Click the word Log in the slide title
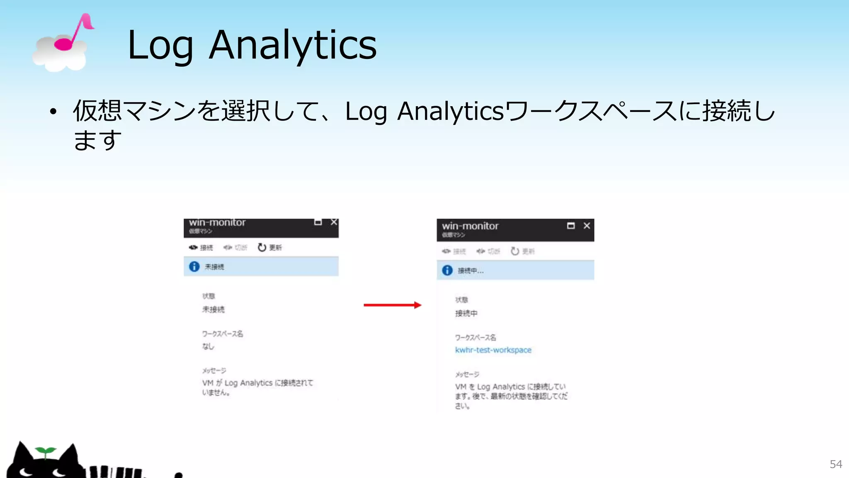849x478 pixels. click(x=160, y=46)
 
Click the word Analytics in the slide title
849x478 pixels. click(x=293, y=46)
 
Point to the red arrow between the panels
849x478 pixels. click(x=392, y=305)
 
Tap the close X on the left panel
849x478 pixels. click(x=334, y=222)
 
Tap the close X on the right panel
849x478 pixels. click(x=587, y=226)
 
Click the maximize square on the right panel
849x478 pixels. click(x=571, y=226)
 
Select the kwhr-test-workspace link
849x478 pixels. click(x=493, y=350)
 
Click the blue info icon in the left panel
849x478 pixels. click(x=194, y=266)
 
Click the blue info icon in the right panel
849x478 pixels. click(x=447, y=270)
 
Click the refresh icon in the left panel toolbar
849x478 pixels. click(x=262, y=247)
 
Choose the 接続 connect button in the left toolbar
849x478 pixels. click(x=201, y=248)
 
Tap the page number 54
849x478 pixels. click(x=836, y=464)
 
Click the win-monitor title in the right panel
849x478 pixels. click(x=470, y=226)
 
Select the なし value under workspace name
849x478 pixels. click(x=208, y=346)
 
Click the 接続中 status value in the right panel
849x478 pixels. click(x=466, y=313)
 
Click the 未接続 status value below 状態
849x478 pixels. click(x=213, y=310)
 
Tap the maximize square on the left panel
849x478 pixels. click(x=318, y=222)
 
